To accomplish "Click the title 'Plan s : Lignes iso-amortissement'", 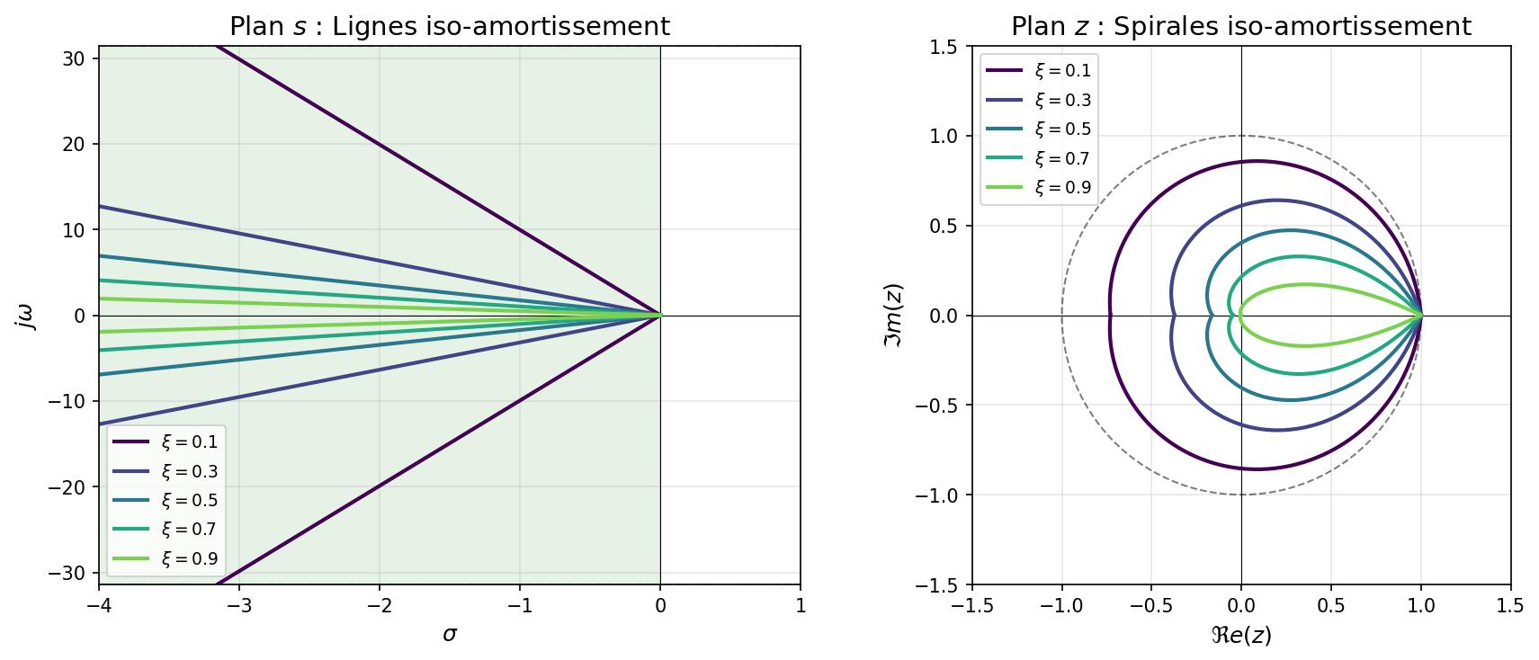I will point(449,27).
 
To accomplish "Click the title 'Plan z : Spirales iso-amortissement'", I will point(1240,27).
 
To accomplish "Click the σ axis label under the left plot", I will point(450,635).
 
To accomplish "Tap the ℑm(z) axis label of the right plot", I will point(893,316).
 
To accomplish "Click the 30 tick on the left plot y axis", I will point(75,58).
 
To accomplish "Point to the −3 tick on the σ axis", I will point(239,606).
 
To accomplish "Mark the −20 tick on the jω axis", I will point(68,487).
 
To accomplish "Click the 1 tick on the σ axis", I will point(801,606).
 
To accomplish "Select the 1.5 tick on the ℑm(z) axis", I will point(945,46).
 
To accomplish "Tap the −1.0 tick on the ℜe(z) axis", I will point(1061,606).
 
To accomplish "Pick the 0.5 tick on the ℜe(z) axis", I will point(1331,606).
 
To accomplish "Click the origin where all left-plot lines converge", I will point(660,316).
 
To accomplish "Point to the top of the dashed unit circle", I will point(1241,136).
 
